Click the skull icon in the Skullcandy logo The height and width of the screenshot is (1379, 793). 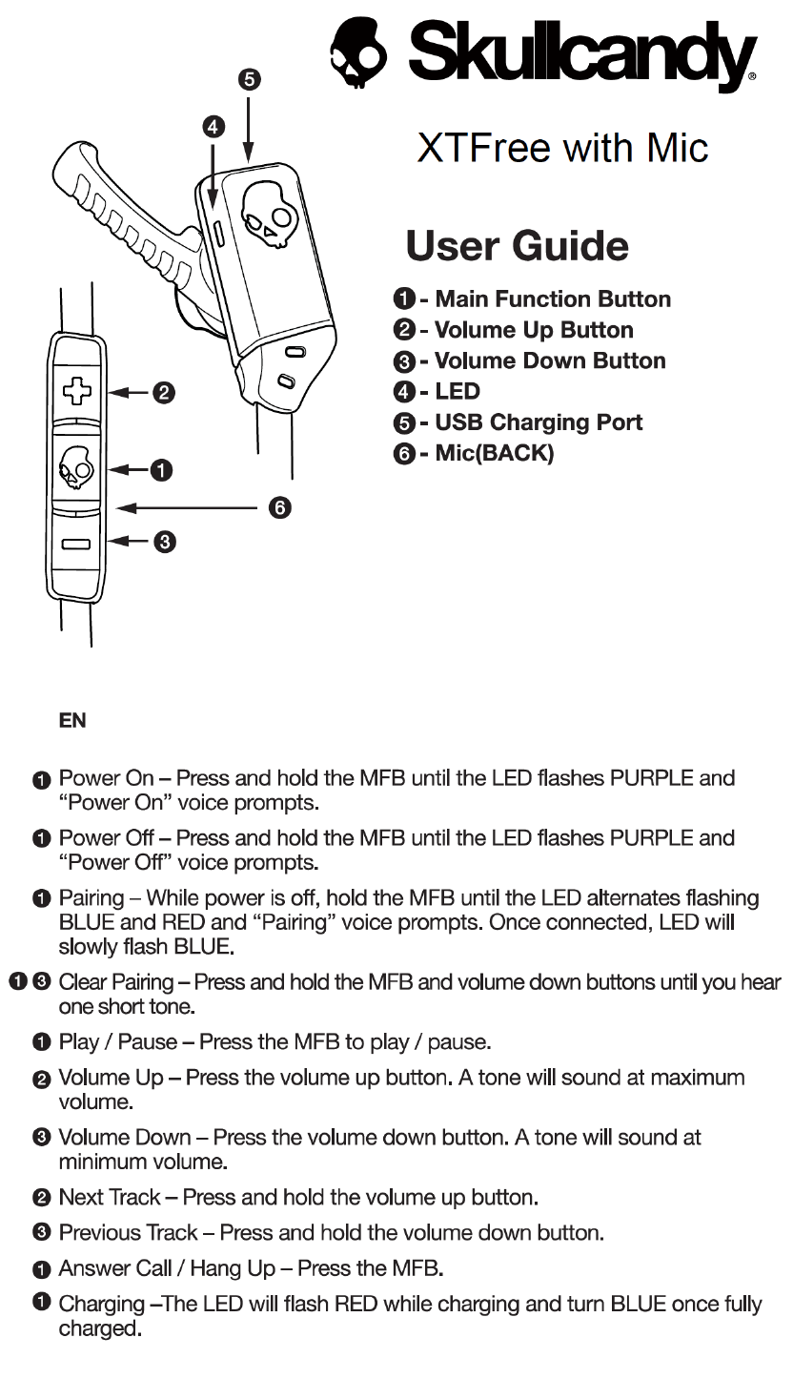point(358,53)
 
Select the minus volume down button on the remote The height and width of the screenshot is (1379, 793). point(77,544)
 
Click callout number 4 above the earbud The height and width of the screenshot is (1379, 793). point(213,126)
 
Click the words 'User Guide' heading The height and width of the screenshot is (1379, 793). point(518,246)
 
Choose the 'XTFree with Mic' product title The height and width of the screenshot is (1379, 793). point(562,149)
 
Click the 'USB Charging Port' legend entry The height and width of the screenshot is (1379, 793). point(539,422)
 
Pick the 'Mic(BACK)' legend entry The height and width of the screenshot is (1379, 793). point(494,453)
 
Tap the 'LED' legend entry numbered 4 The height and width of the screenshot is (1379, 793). point(457,391)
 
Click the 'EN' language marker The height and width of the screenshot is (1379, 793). point(72,721)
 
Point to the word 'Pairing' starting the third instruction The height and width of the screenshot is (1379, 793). point(91,898)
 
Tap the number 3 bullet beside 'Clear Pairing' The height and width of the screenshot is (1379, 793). point(41,981)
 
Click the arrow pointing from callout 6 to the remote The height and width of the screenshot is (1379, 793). point(191,508)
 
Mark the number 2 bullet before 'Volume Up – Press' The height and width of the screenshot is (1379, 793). point(41,1079)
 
